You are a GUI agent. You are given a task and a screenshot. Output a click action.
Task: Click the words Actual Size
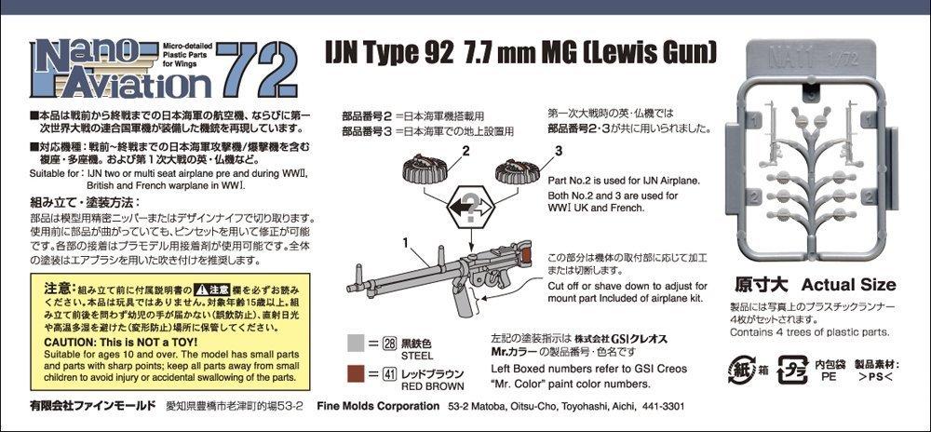pyautogui.click(x=847, y=284)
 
